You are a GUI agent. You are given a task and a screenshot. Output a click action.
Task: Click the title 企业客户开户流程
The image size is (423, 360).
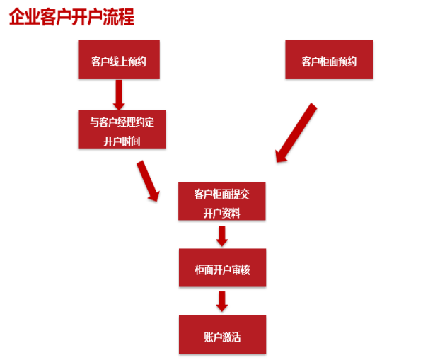coord(71,17)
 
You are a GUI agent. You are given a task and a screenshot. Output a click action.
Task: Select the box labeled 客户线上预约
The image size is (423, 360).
coord(119,59)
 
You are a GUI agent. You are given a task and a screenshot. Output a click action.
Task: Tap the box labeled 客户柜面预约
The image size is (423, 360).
coord(329,59)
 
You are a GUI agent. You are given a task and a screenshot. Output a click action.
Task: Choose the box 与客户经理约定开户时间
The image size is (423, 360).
coord(122,129)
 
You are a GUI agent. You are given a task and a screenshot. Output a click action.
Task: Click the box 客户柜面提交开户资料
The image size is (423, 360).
coord(221,201)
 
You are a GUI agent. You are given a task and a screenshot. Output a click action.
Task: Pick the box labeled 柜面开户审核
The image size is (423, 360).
coord(222,267)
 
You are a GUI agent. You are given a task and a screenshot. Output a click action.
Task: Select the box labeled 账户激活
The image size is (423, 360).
coord(222,335)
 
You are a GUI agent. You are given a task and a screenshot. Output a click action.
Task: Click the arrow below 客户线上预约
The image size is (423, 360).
coord(119,95)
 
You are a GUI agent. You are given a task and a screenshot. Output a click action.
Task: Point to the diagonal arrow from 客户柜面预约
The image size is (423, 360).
coord(296,133)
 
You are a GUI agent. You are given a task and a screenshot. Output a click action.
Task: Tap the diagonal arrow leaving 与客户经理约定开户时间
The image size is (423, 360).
coord(148,181)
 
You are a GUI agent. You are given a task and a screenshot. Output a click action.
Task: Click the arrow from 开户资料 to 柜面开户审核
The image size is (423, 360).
coord(221,236)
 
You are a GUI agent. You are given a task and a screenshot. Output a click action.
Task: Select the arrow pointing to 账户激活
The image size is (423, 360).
coord(221,301)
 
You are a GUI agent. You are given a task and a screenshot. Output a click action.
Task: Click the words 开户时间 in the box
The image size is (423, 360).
coord(122,141)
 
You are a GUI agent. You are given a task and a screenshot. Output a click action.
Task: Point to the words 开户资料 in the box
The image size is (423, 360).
coord(221,214)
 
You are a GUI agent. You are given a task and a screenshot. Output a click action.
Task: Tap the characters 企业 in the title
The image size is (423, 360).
coord(25,17)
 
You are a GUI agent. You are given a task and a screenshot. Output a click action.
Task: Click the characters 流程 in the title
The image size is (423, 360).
coord(119,17)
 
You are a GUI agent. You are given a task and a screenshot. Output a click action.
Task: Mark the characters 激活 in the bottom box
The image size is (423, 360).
coord(231,337)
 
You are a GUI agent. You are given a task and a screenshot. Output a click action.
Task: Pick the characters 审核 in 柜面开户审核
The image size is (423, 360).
coord(241,270)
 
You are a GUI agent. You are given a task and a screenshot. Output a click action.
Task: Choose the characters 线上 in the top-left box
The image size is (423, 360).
coord(119,62)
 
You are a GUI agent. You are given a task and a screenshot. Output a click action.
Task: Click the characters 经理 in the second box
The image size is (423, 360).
coord(127,122)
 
